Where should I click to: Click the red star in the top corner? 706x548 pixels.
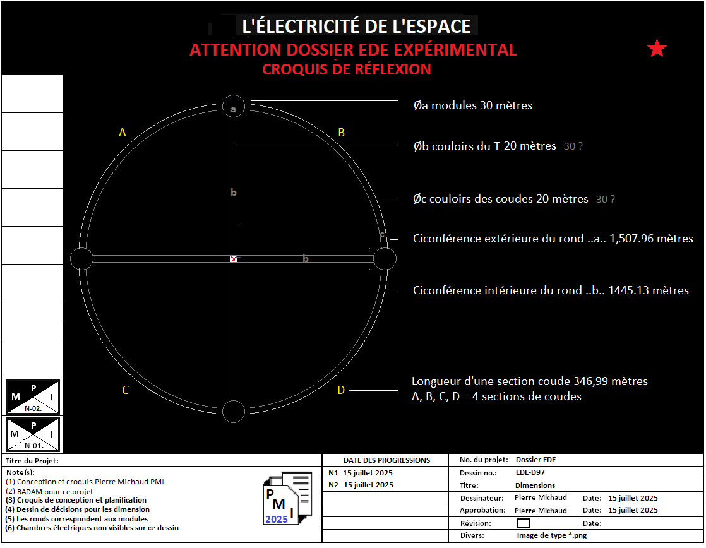(x=657, y=49)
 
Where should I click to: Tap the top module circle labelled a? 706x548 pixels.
(x=234, y=106)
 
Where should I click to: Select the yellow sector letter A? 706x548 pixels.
(x=123, y=133)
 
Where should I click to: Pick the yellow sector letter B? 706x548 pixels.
(x=341, y=132)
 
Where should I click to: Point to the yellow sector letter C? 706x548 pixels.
(x=125, y=390)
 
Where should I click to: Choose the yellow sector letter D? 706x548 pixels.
(x=341, y=390)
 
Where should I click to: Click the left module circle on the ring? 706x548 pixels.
(x=81, y=259)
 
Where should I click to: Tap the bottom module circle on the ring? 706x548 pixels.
(x=234, y=411)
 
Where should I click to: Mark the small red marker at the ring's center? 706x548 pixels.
(x=234, y=259)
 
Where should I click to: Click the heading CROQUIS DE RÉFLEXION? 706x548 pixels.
(x=347, y=69)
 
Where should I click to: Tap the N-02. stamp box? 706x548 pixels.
(x=33, y=396)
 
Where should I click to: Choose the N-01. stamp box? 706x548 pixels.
(x=33, y=434)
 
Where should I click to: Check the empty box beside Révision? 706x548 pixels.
(x=523, y=523)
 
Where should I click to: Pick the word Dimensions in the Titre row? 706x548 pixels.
(x=535, y=485)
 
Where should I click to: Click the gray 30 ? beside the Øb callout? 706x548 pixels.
(x=573, y=146)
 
